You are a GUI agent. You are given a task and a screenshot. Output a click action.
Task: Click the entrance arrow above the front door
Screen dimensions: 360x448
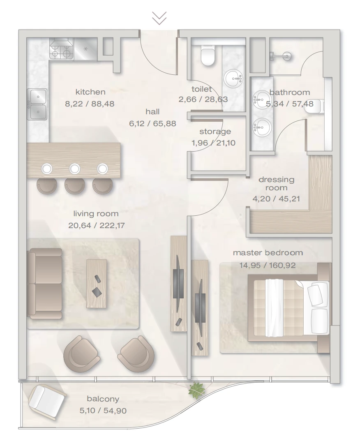pos(159,18)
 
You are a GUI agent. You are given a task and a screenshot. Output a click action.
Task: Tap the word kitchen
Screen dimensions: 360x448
pos(90,92)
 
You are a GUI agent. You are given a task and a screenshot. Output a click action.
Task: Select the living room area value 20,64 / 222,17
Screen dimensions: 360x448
pos(97,225)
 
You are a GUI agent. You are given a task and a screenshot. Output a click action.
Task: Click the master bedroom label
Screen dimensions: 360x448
pos(268,253)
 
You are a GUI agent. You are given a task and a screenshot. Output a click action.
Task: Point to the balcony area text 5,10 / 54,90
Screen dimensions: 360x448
pos(103,411)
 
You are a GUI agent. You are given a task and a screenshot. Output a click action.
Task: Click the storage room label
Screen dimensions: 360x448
pos(215,132)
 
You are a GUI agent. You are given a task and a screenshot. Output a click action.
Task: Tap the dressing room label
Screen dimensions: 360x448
pos(276,183)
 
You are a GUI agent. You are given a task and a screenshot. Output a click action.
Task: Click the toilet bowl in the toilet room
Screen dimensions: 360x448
pos(208,56)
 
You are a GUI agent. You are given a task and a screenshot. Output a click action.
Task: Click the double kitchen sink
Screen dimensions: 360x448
pos(37,104)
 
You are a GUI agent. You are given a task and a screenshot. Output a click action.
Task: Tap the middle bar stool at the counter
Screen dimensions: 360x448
pos(74,186)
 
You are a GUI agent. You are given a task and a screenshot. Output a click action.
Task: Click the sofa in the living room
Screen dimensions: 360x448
pos(45,284)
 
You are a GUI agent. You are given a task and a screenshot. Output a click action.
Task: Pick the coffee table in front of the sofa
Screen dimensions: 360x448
pos(97,284)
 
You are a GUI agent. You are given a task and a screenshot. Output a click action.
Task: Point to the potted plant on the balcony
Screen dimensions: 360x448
pos(196,390)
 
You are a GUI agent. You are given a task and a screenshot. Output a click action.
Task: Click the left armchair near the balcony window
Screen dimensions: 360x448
pos(82,354)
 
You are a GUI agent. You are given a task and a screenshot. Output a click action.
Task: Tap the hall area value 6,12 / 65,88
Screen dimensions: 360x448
pos(152,124)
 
